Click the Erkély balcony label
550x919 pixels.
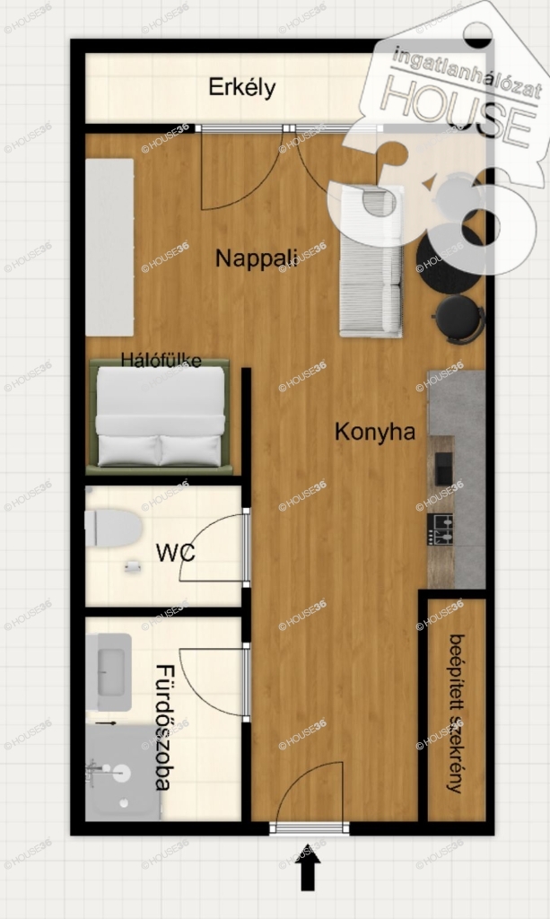[242, 88]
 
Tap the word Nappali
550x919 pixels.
[257, 258]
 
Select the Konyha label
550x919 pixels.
[375, 432]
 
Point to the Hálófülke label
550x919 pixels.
[162, 359]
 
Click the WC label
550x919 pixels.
[175, 553]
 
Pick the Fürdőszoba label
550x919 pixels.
[164, 727]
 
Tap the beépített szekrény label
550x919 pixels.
[457, 713]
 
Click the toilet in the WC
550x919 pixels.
[113, 528]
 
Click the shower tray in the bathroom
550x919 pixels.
[123, 773]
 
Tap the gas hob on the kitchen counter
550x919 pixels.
[440, 530]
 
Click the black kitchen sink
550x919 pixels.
[443, 468]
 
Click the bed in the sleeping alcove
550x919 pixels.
[160, 416]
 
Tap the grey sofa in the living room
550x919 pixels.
[371, 261]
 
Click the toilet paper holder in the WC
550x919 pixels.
[133, 566]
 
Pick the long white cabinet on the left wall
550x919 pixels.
[109, 248]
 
